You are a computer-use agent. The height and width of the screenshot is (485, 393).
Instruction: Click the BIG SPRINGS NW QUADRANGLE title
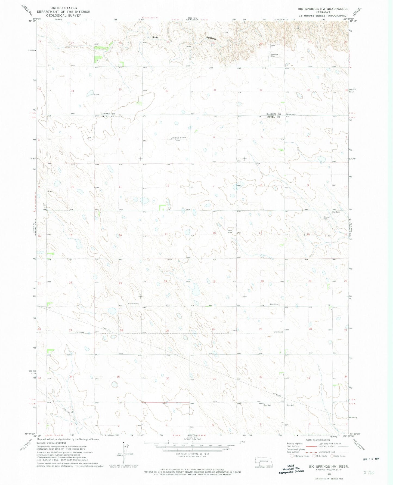[323, 9]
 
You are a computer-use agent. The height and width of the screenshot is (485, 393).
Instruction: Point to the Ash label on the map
[155, 37]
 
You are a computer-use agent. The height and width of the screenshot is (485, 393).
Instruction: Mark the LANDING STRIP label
[178, 138]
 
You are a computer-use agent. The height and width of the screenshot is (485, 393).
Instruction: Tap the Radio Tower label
[134, 303]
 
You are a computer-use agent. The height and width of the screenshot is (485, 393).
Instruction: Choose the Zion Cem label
[274, 304]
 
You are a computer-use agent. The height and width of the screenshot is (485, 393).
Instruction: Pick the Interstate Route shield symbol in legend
[292, 456]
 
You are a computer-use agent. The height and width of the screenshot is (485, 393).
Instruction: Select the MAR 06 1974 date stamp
[371, 459]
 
